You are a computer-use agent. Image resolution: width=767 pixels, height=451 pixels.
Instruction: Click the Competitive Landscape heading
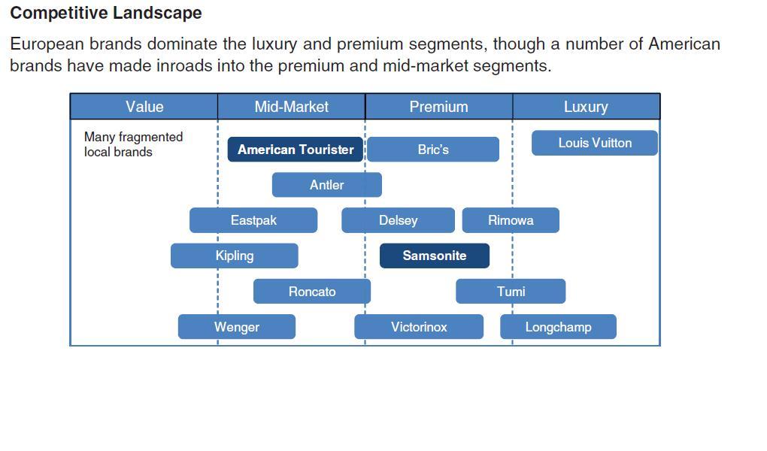(106, 13)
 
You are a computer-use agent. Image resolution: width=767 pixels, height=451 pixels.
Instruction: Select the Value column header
(144, 107)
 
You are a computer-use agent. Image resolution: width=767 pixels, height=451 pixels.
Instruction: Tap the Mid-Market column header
(291, 107)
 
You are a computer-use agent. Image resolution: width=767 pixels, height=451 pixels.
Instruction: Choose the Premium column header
(438, 107)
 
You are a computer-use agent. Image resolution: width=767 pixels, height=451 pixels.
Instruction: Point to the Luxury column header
(586, 107)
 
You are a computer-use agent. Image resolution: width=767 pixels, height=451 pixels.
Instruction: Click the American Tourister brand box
(296, 150)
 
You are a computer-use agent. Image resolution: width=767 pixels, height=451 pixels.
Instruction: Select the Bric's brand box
(433, 150)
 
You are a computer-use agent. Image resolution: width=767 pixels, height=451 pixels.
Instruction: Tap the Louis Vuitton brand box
(595, 143)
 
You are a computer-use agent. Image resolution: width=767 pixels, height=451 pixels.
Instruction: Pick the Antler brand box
(327, 185)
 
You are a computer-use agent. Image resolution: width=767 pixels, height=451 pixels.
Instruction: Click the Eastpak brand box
(253, 220)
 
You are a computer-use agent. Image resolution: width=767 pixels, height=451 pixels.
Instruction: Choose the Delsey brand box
(398, 220)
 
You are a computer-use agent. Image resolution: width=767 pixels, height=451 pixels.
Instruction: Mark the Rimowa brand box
(511, 220)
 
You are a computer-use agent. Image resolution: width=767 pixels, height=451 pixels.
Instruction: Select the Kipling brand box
(235, 256)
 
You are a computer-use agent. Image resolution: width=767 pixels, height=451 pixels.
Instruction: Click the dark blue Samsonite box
(435, 256)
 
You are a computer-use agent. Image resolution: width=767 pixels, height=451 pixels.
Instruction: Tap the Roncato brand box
(312, 292)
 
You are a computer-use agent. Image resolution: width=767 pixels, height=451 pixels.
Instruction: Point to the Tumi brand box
(511, 292)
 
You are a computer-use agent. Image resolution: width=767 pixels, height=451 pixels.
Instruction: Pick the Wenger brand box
(237, 327)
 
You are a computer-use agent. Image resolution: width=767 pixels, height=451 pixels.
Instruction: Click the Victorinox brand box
(419, 327)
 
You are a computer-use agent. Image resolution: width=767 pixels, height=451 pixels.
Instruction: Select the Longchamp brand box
(558, 327)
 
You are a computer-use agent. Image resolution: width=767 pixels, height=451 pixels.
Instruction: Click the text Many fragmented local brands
(133, 144)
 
